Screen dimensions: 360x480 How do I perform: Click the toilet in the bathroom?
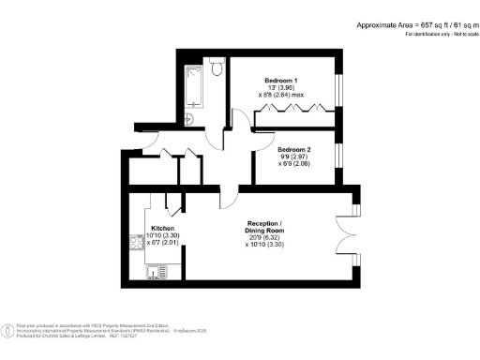click(216, 67)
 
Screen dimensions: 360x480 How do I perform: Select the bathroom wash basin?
click(190, 118)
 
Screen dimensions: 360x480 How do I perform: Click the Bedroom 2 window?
click(340, 153)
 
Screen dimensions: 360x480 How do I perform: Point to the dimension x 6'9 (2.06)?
click(294, 164)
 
